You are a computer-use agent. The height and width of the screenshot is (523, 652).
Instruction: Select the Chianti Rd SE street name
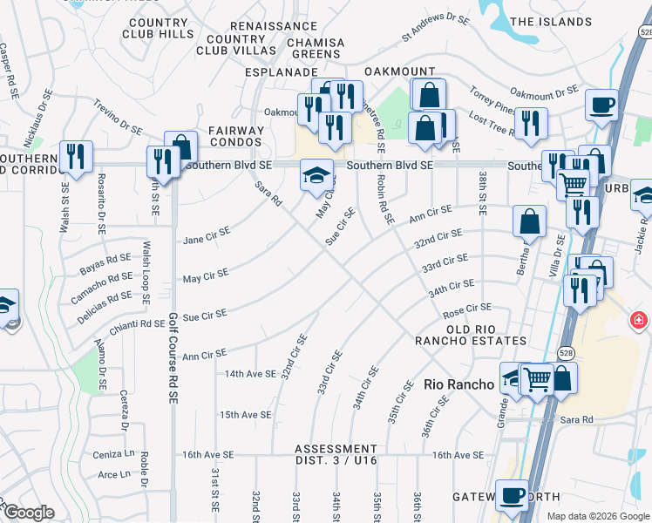(137, 324)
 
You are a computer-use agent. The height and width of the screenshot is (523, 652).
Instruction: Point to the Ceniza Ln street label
(116, 454)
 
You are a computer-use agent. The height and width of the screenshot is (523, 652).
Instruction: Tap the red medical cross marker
(639, 321)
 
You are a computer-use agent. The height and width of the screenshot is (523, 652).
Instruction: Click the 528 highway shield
(567, 352)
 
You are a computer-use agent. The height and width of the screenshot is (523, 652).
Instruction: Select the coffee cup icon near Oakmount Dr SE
(601, 105)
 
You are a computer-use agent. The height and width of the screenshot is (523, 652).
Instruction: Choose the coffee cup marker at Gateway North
(512, 495)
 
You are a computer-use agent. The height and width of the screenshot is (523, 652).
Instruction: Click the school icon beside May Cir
(316, 174)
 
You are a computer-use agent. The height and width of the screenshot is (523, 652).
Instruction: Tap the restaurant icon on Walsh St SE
(76, 157)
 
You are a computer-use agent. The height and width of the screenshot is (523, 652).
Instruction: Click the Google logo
(30, 513)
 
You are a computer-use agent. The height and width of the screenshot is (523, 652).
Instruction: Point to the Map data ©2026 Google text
(597, 516)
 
